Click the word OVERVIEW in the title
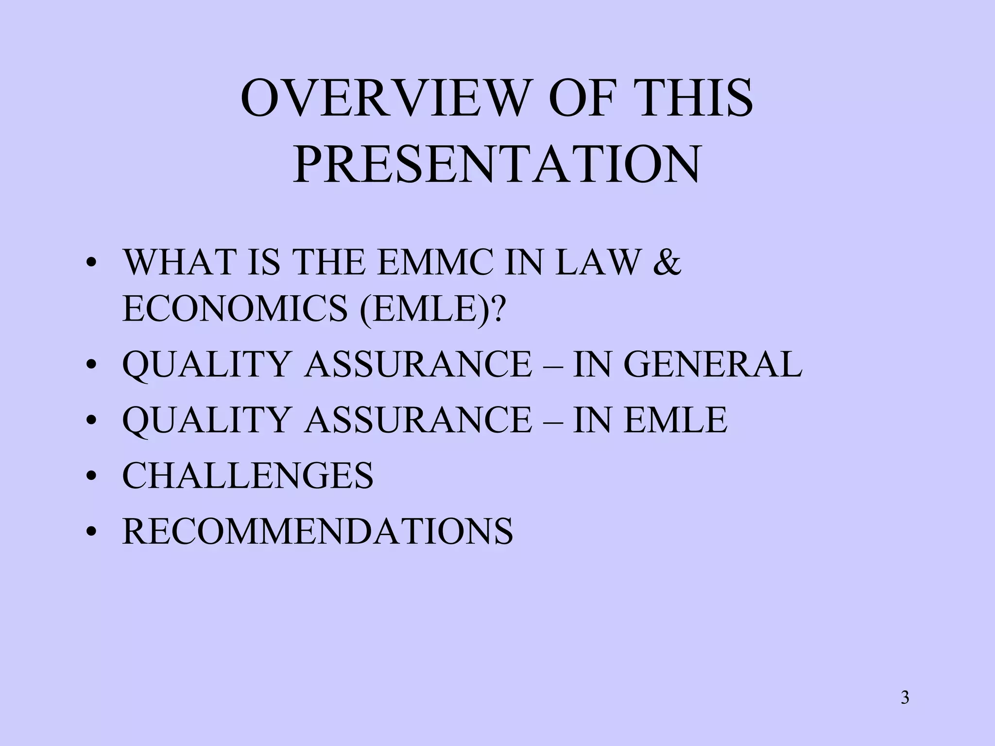click(x=384, y=99)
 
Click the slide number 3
click(x=905, y=698)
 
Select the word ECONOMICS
click(x=235, y=309)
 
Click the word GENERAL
click(x=712, y=364)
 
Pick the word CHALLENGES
click(x=248, y=475)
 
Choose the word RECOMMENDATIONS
click(x=317, y=531)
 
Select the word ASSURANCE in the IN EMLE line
click(x=418, y=420)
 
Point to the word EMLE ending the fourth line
click(x=675, y=420)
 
